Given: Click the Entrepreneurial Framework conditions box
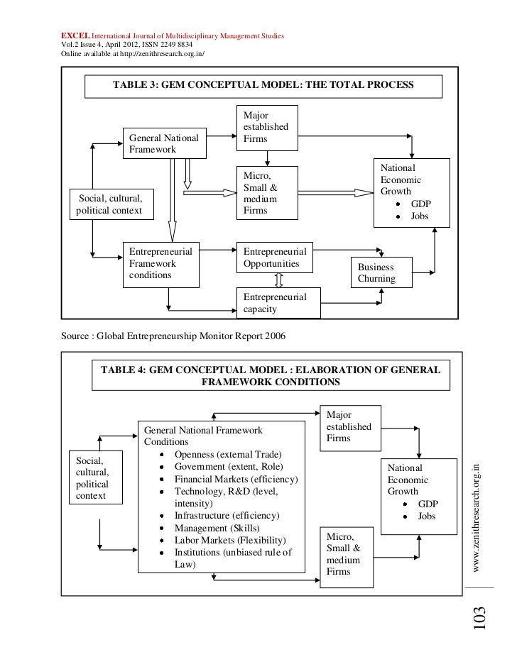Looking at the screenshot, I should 160,263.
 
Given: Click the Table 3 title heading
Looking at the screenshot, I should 263,85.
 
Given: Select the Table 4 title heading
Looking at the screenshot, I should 271,376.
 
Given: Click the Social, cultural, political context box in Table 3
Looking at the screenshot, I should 111,204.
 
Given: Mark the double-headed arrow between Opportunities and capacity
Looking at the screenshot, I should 279,279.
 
